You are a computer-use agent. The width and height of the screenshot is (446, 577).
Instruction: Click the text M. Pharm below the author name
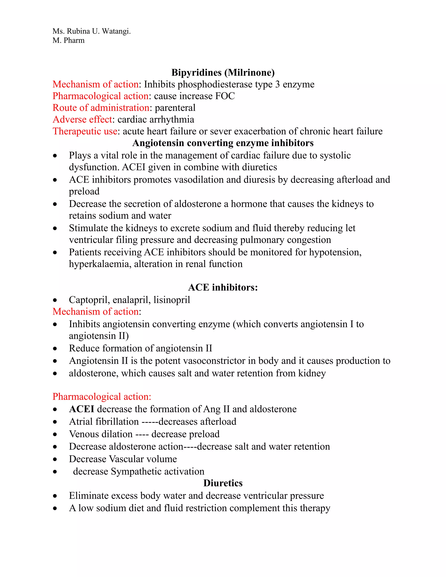[68, 40]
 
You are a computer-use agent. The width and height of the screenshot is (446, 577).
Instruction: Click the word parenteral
[175, 108]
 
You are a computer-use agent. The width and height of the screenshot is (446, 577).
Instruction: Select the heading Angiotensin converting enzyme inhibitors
[223, 143]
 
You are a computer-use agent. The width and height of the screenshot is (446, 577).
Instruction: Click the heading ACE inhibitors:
[223, 287]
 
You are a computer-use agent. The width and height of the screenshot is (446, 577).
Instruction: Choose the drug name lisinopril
[172, 300]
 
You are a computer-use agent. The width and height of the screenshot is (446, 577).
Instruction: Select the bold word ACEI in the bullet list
[81, 409]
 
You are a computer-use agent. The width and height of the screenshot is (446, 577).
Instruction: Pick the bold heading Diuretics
[223, 483]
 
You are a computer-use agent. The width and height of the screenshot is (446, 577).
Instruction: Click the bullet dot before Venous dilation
[55, 434]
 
